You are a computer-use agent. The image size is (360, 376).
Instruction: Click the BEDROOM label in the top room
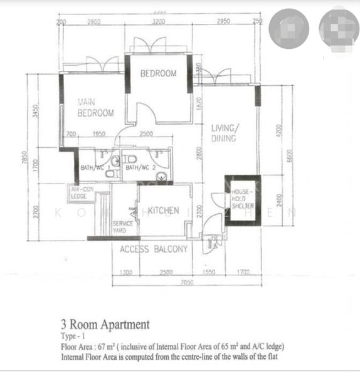coord(158,73)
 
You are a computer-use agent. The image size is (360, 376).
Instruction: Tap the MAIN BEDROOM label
coord(95,107)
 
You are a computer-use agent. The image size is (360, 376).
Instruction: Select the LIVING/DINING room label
coord(224,133)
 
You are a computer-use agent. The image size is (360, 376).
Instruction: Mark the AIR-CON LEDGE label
coord(82,192)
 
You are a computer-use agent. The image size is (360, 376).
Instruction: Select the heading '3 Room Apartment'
coord(105,325)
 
